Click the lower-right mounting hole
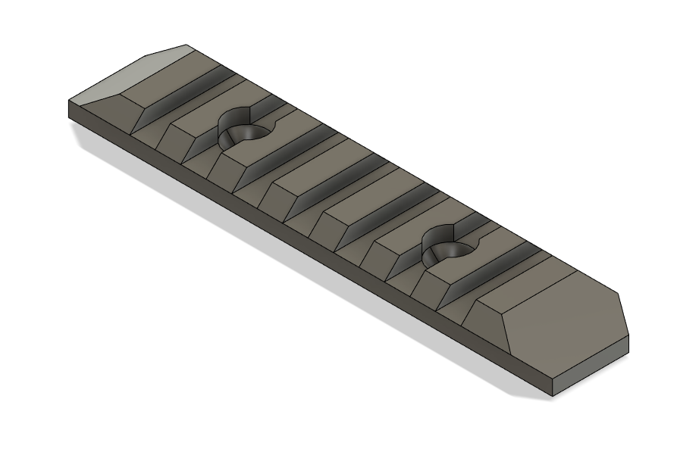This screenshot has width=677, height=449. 450,248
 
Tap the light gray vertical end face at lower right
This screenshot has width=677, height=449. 591,370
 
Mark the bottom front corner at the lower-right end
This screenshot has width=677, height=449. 553,395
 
